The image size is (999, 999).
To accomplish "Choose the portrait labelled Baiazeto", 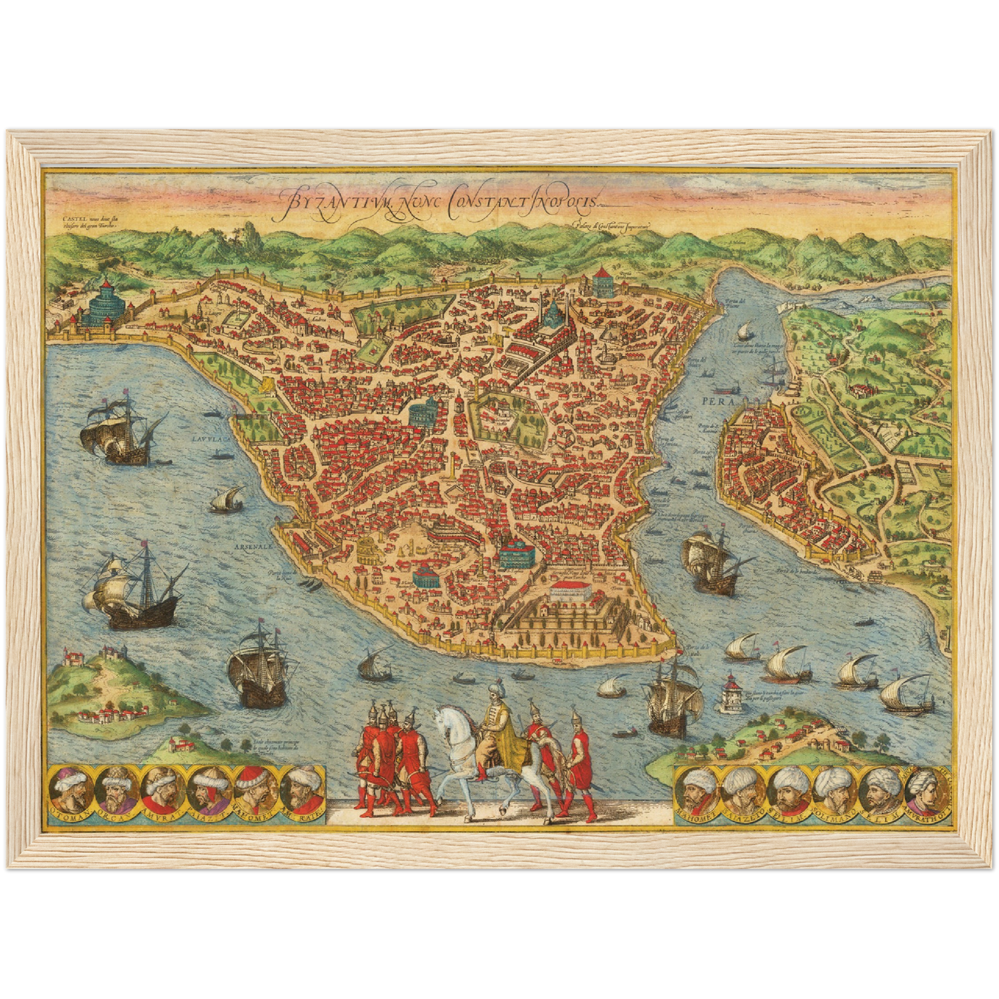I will click(741, 791).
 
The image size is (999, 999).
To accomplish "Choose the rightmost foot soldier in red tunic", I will click(578, 760).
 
